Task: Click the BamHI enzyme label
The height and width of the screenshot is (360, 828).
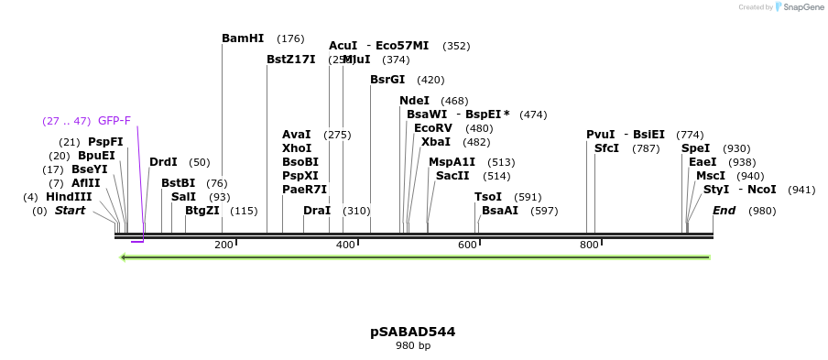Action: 243,38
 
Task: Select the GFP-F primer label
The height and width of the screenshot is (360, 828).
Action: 114,121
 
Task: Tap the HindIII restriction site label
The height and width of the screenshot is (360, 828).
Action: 69,197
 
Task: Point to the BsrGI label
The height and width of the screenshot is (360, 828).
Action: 387,80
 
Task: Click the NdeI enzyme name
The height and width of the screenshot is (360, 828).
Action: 414,101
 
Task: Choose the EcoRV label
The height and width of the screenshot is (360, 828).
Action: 433,128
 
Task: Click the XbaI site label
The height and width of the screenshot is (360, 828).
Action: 436,142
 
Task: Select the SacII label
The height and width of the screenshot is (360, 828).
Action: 452,176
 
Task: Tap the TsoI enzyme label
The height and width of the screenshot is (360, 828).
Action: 488,197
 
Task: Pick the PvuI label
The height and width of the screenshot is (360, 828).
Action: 601,135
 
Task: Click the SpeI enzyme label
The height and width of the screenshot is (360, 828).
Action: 696,148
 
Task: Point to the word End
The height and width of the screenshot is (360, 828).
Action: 724,211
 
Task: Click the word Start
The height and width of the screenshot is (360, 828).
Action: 71,211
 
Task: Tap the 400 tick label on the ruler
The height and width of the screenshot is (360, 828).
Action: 345,245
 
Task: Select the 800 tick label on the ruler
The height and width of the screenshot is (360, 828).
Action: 589,245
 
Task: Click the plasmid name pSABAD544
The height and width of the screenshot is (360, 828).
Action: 412,332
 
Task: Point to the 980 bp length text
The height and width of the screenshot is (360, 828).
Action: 412,346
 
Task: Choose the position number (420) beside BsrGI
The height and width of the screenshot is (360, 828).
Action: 430,80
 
